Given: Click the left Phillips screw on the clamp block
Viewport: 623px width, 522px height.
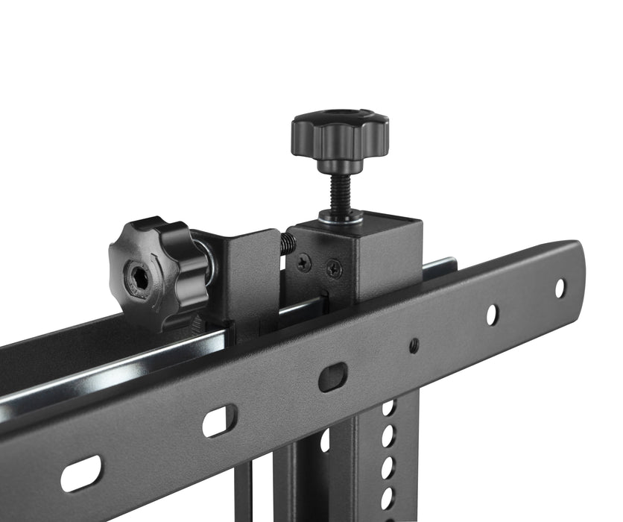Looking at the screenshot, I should [x=304, y=261].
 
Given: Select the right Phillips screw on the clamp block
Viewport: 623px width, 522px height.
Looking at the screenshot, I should [x=335, y=268].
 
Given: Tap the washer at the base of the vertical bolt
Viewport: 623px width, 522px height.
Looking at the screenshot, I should [x=341, y=216].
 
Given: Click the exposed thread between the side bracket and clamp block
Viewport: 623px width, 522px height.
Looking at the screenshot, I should [x=287, y=243].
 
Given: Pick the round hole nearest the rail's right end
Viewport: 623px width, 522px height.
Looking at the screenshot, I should [x=560, y=288].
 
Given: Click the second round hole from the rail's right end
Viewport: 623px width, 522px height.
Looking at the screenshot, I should [x=491, y=314].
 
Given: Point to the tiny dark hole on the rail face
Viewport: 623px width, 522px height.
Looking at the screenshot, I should [x=414, y=345].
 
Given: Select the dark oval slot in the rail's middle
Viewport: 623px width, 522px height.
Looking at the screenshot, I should [x=332, y=377].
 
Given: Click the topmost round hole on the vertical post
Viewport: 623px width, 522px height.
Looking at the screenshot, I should [x=388, y=408].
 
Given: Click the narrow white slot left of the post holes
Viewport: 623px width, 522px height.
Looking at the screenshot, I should [x=325, y=441].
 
